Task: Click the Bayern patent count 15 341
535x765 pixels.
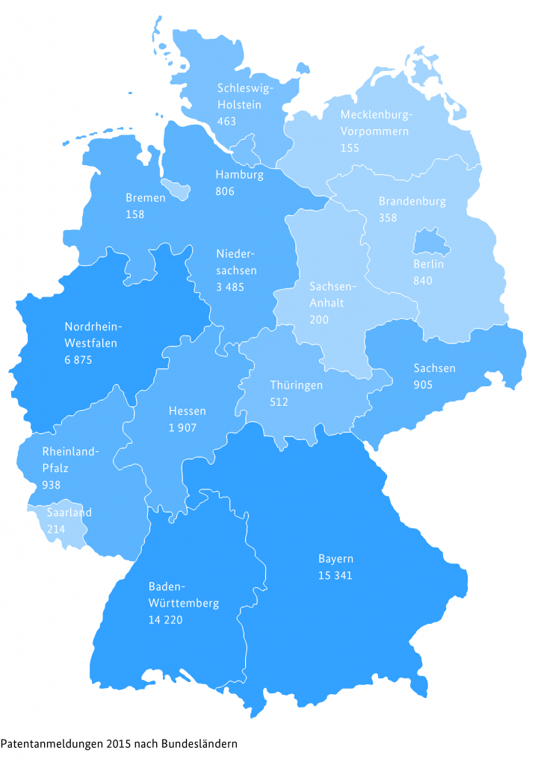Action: [335, 575]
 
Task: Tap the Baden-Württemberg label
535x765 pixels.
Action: [183, 594]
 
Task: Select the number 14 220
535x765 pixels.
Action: [166, 619]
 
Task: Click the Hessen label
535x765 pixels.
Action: [187, 411]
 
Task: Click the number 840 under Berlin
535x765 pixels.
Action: [423, 280]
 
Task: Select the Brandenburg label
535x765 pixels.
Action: [412, 202]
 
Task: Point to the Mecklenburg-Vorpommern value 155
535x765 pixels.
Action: [350, 148]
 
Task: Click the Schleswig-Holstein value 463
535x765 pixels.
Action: [227, 120]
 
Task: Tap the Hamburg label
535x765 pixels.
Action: [239, 175]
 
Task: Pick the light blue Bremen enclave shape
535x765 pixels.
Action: [176, 189]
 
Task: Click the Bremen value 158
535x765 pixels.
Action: [135, 214]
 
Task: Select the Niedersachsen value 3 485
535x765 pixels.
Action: [236, 287]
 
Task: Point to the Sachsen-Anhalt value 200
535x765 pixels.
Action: [319, 319]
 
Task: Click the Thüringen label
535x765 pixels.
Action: [296, 385]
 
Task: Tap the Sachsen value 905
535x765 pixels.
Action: [423, 385]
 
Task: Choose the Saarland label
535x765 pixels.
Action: [69, 512]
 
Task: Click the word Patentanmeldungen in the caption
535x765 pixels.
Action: [52, 744]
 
